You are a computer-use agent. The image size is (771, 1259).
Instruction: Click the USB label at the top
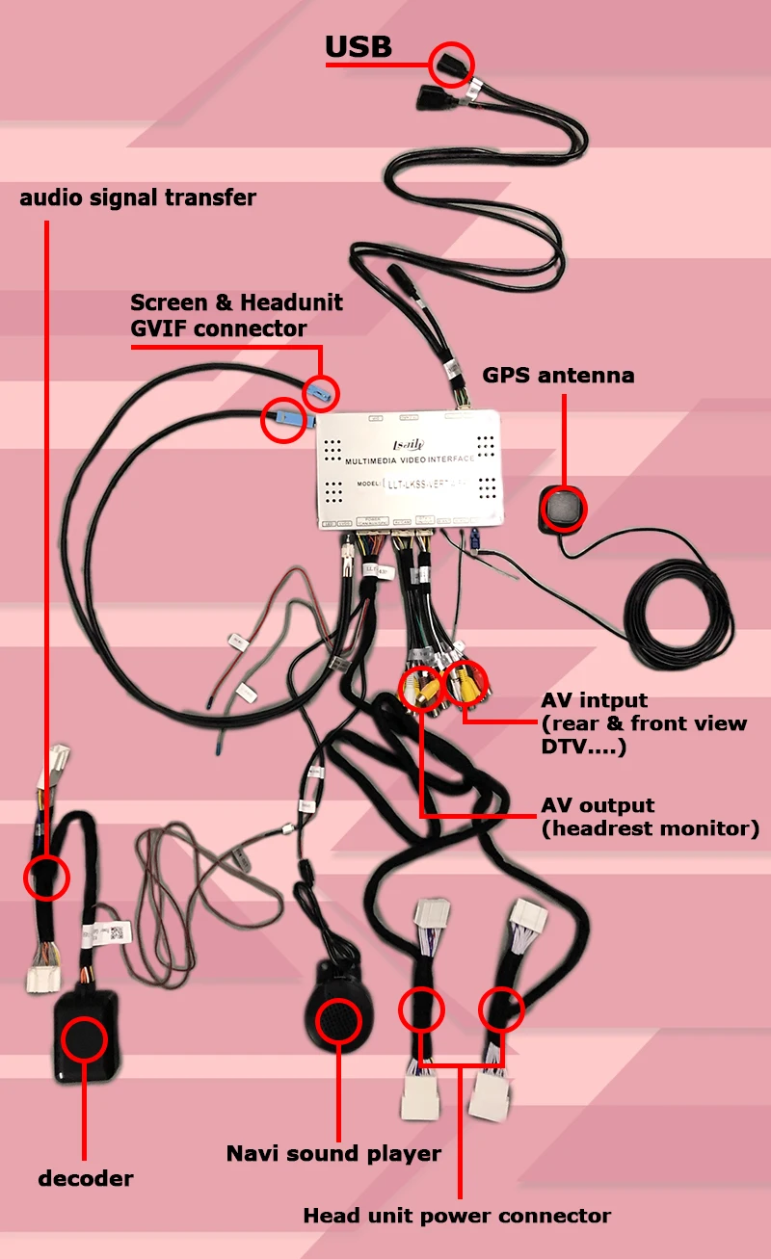click(x=358, y=47)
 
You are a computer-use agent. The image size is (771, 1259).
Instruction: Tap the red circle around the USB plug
click(x=452, y=65)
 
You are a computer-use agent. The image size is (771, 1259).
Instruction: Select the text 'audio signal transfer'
click(x=138, y=198)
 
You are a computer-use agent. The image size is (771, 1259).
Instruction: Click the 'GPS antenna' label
click(x=558, y=376)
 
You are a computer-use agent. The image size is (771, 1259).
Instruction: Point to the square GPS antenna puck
click(x=563, y=509)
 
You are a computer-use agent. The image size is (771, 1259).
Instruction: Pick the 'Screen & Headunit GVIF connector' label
click(x=236, y=316)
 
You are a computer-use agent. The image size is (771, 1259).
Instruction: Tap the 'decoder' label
click(x=86, y=1178)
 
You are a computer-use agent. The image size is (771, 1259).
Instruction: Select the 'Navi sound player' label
click(x=333, y=1153)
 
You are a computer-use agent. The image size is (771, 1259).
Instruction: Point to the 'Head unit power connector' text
click(x=457, y=1216)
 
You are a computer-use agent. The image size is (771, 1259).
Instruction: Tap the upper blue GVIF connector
click(x=322, y=391)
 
